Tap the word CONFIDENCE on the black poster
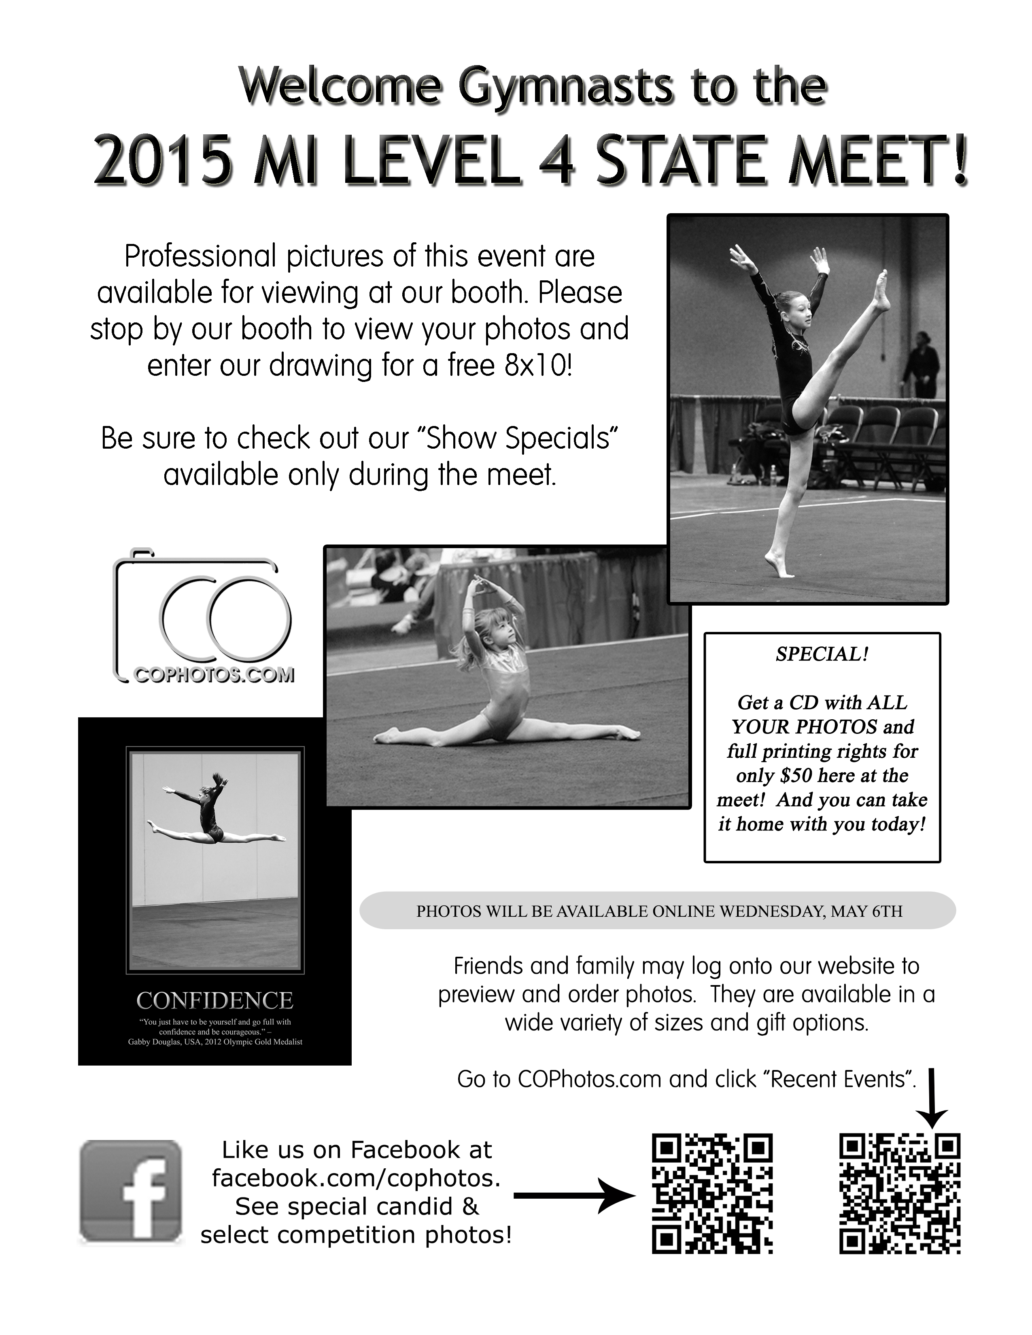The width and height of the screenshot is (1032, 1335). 214,1000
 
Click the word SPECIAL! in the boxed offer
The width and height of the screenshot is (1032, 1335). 822,654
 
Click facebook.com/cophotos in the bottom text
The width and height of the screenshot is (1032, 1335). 356,1178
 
